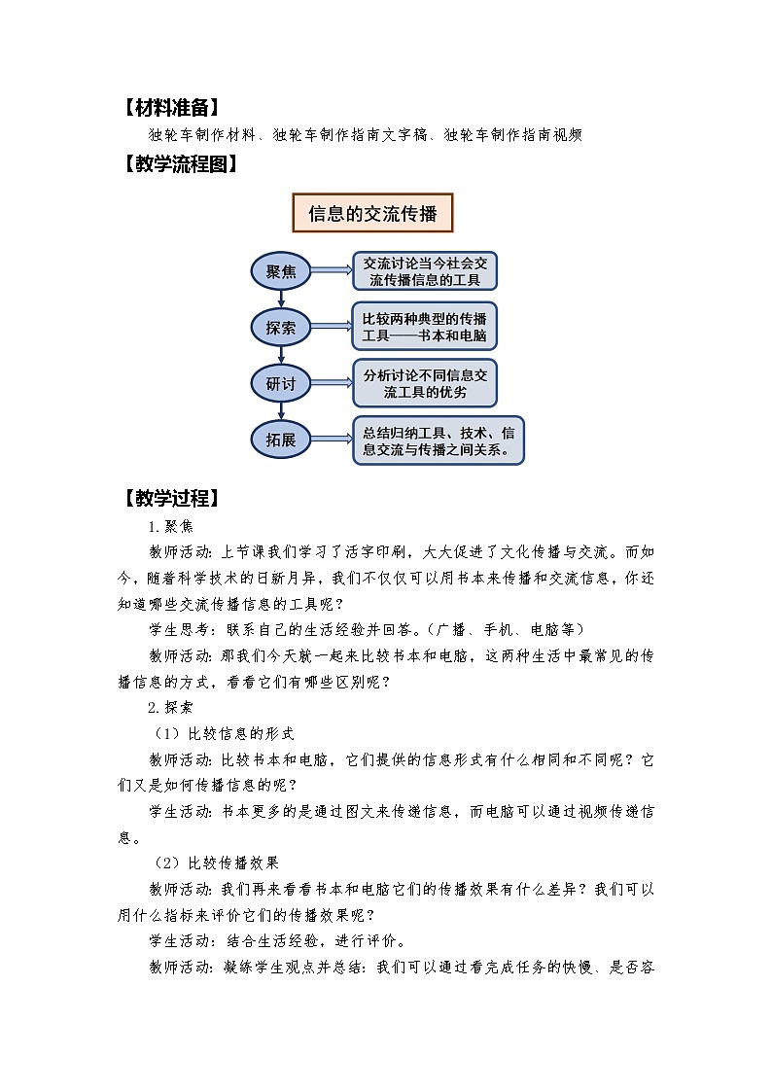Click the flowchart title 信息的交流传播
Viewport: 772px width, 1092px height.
[373, 213]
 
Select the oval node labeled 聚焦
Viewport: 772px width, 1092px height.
[281, 271]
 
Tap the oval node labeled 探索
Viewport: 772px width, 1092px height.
[281, 328]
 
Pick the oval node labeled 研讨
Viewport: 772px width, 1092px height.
[281, 384]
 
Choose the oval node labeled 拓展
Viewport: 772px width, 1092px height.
[281, 440]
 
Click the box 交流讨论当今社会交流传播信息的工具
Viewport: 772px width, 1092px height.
[424, 271]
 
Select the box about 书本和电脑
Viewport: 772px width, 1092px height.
[424, 328]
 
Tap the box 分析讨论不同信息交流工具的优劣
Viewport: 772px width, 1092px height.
[424, 383]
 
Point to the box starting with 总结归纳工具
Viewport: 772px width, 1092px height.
[438, 440]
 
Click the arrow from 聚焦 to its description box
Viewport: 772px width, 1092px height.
[332, 271]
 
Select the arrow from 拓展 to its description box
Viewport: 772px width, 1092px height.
[332, 440]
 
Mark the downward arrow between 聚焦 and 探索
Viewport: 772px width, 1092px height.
[281, 299]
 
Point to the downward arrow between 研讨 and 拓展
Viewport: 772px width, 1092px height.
[281, 412]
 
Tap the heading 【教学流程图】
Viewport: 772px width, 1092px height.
[178, 164]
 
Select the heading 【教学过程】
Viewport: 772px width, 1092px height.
[171, 499]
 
